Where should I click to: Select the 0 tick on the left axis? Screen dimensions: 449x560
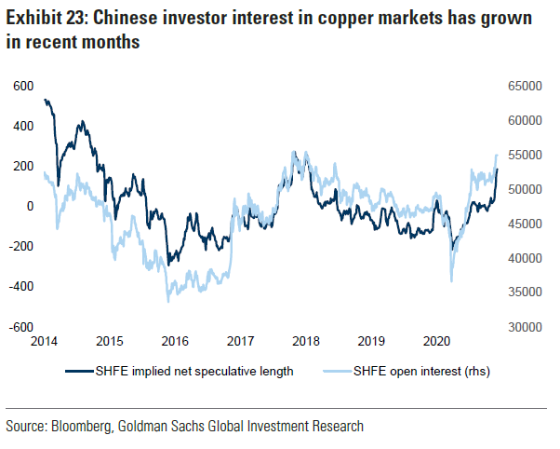30,207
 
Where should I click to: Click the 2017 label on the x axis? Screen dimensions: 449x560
241,342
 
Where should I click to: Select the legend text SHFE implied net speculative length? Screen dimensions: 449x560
194,372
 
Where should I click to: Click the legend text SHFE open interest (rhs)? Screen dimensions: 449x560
413,372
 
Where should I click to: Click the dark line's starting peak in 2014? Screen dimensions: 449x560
47,100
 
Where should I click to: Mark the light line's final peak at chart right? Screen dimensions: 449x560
498,155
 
